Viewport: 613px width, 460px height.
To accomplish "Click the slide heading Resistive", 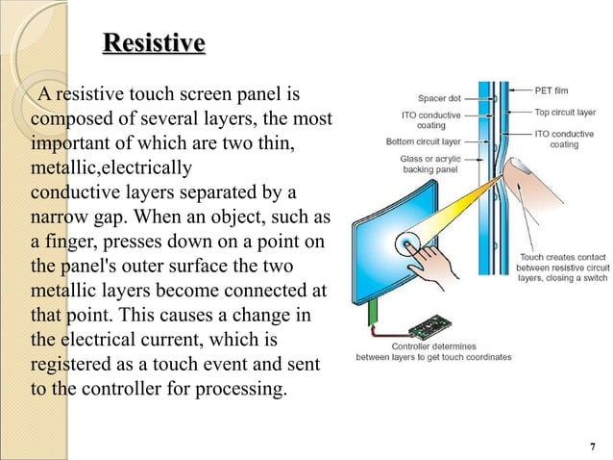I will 153,44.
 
